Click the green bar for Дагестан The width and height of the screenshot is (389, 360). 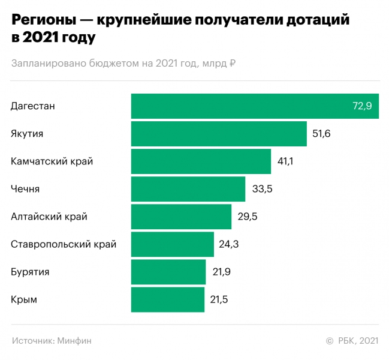240,106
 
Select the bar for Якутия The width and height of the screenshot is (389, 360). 219,134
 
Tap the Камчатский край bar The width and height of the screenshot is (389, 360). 201,161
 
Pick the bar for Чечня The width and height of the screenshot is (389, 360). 188,189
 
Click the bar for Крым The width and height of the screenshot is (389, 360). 168,299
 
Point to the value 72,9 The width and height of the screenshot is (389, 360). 362,106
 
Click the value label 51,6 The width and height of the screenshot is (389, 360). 321,134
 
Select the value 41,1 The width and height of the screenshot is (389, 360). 285,161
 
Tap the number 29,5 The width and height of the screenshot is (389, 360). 247,217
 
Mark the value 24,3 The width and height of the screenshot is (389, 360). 230,244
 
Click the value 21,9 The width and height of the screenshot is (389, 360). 221,272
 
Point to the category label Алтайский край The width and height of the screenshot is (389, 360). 49,217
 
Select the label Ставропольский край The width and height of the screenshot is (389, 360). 64,244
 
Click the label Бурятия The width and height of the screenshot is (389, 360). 30,272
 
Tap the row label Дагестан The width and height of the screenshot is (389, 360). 33,106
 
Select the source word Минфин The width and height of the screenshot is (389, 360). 75,340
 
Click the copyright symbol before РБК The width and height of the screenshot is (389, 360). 329,340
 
